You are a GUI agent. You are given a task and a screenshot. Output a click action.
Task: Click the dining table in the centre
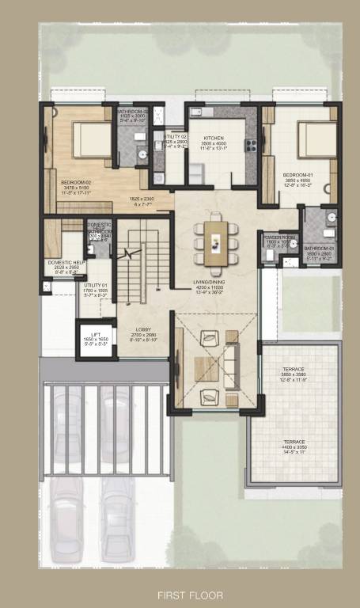pos(215,241)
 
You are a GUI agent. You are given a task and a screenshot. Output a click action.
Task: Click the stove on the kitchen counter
pos(252,146)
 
